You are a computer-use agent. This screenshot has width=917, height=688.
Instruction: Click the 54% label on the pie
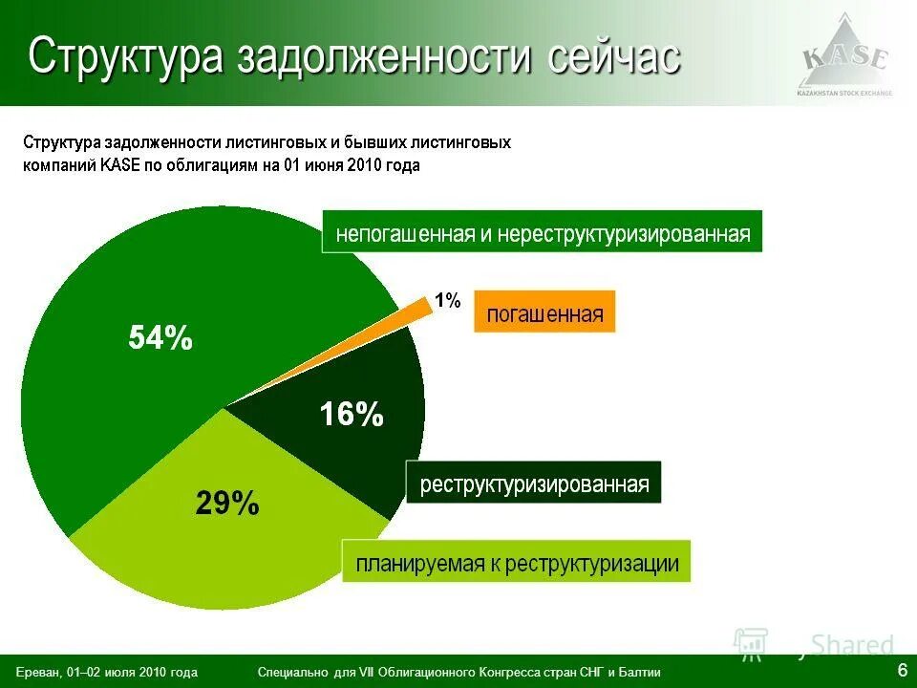160,337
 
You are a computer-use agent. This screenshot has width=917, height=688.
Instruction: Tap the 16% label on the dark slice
352,414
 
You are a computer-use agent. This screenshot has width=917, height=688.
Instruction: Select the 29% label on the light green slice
227,503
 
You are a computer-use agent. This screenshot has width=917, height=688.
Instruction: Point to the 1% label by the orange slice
447,301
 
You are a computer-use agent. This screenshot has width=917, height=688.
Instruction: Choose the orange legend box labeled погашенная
544,312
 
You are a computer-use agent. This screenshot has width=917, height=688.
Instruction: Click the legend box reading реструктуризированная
534,484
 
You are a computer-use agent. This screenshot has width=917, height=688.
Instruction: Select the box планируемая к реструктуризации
517,563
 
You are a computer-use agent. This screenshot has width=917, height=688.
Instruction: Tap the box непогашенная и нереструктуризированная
542,232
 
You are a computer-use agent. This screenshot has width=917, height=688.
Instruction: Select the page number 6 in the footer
902,667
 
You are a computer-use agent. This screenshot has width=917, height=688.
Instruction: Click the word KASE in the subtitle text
119,165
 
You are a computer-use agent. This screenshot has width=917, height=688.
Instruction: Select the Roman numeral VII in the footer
367,673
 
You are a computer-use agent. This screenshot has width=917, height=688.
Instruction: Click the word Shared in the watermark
852,645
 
